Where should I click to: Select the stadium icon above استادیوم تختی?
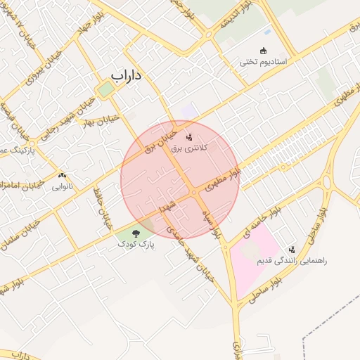[264, 51]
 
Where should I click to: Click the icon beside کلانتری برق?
[189, 128]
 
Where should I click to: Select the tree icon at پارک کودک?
[136, 232]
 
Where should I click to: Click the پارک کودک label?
[136, 243]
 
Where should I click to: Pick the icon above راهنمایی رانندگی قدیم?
[292, 250]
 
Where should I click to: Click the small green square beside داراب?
[105, 89]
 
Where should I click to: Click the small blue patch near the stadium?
[267, 32]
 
